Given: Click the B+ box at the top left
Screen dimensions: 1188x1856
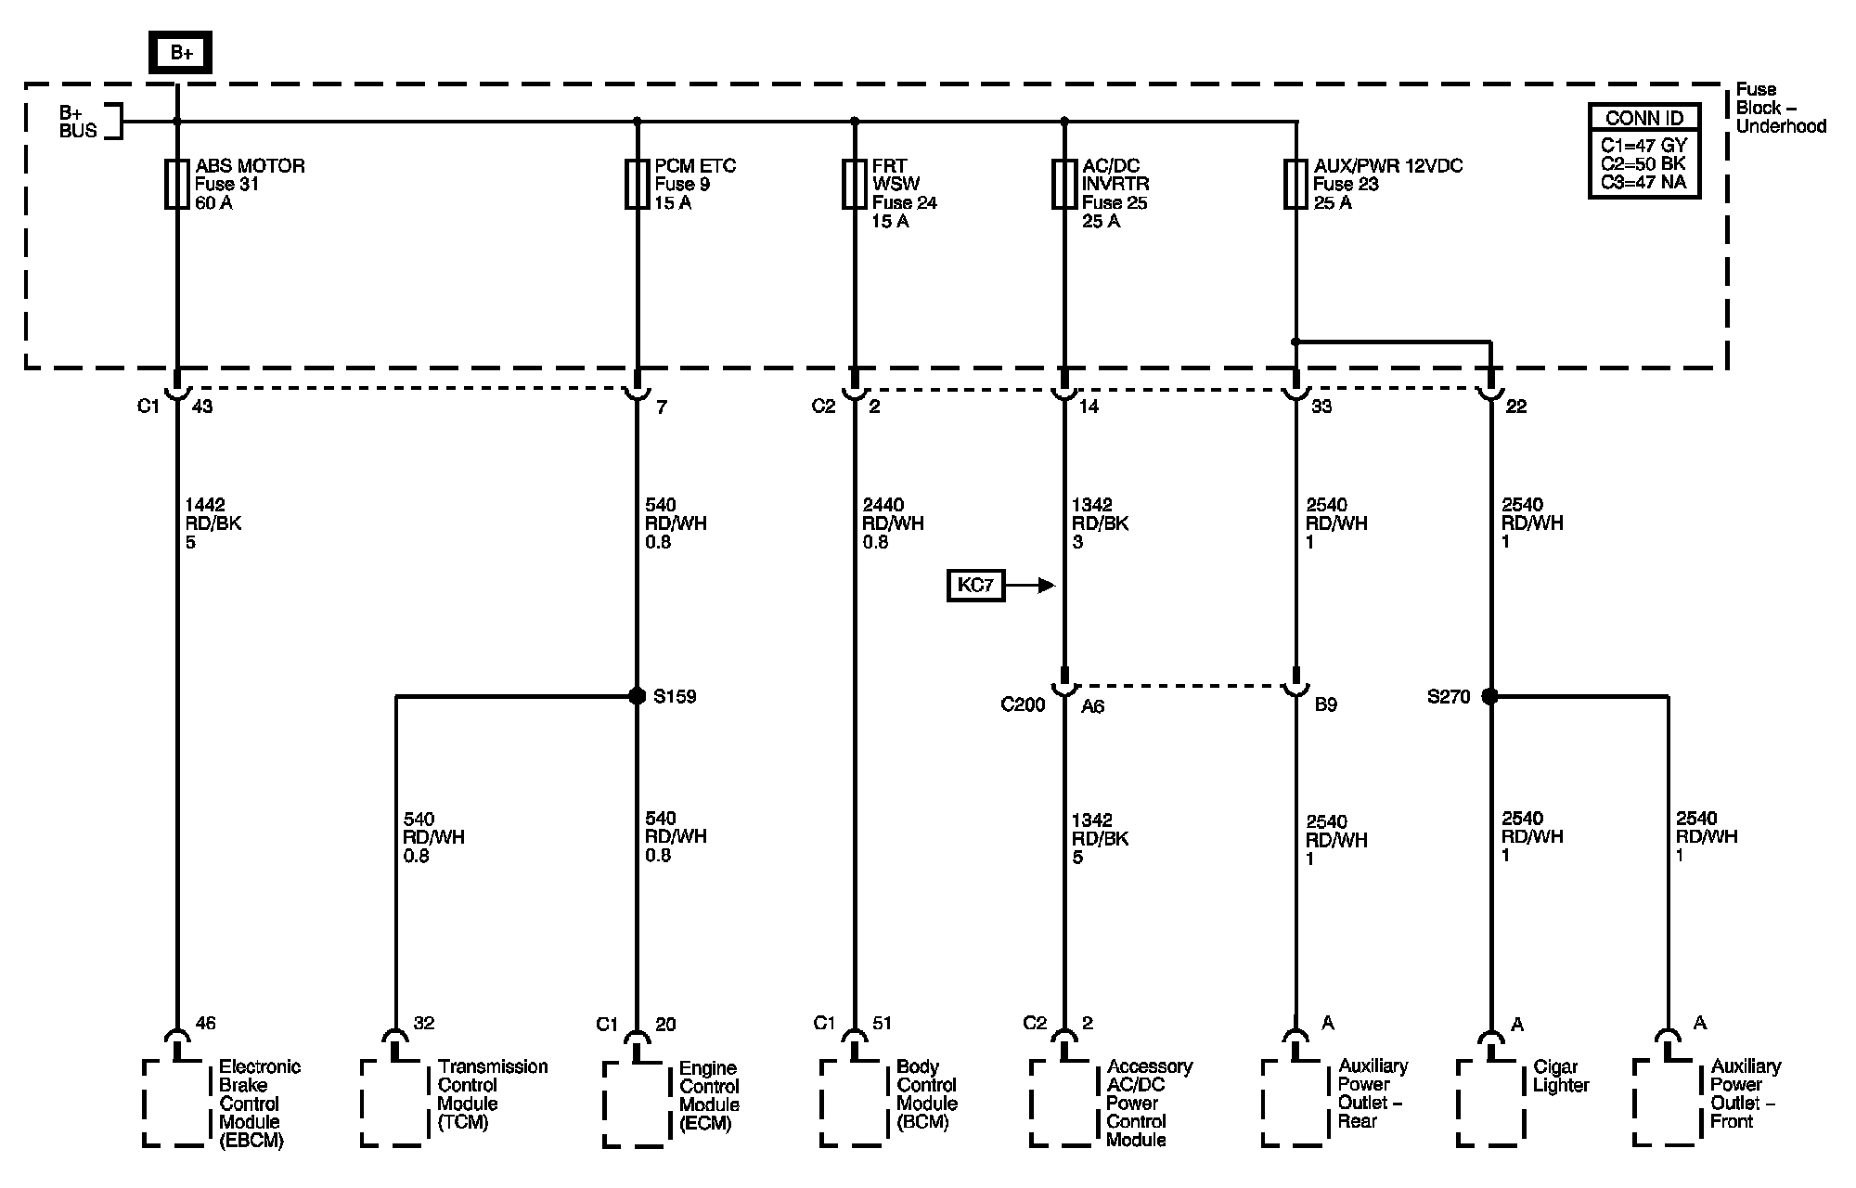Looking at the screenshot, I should click(181, 53).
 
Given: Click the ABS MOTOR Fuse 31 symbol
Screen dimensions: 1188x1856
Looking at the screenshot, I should click(176, 184).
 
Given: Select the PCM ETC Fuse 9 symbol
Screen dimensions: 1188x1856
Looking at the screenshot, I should click(637, 184).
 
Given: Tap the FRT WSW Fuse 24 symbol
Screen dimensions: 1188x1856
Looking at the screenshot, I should click(855, 184).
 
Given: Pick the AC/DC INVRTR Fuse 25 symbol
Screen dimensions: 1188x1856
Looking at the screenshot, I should click(1064, 184).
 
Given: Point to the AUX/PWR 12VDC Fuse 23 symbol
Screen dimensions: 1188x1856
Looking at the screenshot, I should click(1295, 184).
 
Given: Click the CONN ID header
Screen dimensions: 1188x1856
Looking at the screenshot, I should click(1644, 118).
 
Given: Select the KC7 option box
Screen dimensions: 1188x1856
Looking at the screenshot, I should click(975, 586).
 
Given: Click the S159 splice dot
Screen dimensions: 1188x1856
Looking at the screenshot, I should click(637, 696).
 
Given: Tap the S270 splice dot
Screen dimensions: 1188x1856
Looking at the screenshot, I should click(1490, 696).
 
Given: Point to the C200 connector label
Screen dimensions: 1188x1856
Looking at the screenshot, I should click(1023, 705).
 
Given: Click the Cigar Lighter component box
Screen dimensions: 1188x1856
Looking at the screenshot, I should click(1490, 1103).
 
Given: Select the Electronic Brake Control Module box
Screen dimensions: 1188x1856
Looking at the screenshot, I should click(176, 1103).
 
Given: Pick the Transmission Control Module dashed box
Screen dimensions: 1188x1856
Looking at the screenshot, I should click(395, 1103).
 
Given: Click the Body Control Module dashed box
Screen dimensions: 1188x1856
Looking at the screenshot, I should click(855, 1103).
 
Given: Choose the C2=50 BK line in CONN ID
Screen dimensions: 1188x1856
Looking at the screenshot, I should click(1643, 164).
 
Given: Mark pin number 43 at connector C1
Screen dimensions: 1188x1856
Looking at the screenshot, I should click(201, 407).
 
